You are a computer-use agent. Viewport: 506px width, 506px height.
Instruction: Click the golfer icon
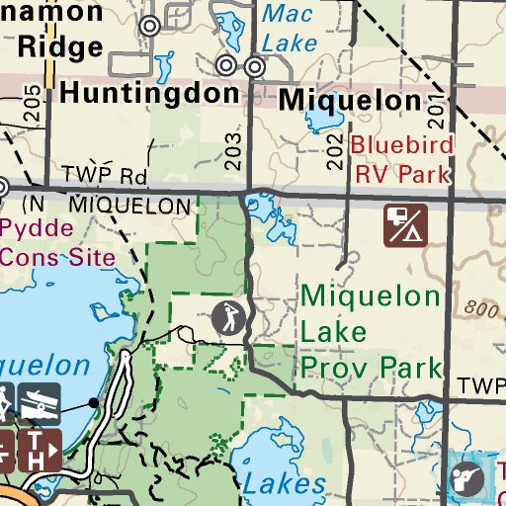[228, 317]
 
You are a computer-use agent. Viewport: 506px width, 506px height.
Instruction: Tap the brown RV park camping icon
[406, 224]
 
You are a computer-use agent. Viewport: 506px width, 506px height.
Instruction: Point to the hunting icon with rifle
[465, 477]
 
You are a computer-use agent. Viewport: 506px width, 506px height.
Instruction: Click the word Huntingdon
[149, 95]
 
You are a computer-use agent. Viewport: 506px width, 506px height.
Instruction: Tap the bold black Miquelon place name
[350, 101]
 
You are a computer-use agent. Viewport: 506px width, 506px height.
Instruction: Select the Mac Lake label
[290, 28]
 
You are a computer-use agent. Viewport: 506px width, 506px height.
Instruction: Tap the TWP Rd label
[103, 176]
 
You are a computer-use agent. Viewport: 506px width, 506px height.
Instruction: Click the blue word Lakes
[284, 483]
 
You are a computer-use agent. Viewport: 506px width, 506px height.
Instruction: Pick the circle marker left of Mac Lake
[150, 27]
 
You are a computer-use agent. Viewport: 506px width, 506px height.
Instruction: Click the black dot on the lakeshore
[93, 403]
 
